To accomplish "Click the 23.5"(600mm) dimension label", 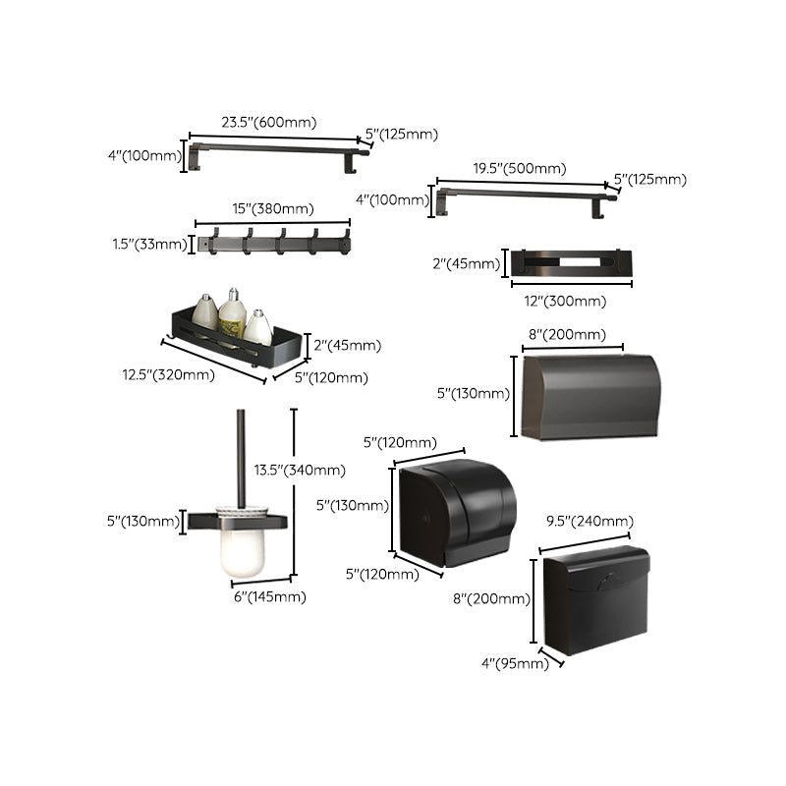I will coord(267,123).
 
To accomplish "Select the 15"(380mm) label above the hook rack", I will coord(273,208).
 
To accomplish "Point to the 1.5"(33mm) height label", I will coord(149,244).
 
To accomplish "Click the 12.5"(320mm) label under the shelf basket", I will coord(168,374).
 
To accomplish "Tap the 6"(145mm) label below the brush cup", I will coord(268,596).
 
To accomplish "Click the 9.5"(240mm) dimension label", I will coord(589,521).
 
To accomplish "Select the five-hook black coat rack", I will coord(272,242).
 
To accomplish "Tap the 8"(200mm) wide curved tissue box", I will coord(588,397).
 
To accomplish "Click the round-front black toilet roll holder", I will coord(457,511).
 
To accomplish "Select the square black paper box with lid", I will coord(595,599).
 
